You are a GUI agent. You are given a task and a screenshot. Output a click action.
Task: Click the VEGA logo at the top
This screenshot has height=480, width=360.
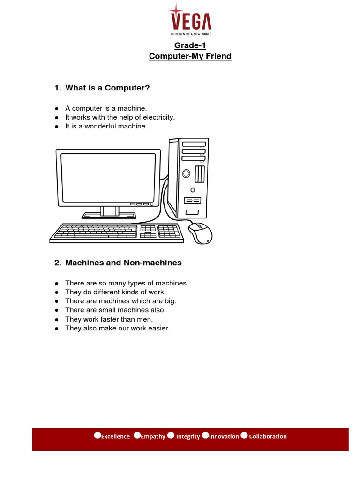pyautogui.click(x=190, y=21)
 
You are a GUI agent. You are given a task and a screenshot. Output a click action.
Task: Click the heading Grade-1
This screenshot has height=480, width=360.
pyautogui.click(x=190, y=45)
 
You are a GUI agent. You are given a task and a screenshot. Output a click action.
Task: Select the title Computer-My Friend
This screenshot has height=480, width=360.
pyautogui.click(x=190, y=56)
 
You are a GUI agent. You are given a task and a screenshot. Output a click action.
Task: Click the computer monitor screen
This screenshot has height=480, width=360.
pyautogui.click(x=108, y=176)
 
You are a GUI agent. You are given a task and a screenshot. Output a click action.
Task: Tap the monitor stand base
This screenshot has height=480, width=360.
pyautogui.click(x=109, y=216)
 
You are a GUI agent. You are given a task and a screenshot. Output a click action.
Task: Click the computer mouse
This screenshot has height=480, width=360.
pyautogui.click(x=200, y=233)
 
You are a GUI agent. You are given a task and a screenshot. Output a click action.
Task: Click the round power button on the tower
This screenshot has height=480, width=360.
pyautogui.click(x=186, y=174)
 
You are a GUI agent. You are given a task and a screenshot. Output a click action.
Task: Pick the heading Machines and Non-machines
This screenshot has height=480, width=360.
pyautogui.click(x=123, y=263)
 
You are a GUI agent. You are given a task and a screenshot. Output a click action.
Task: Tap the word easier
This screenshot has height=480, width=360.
pyautogui.click(x=159, y=328)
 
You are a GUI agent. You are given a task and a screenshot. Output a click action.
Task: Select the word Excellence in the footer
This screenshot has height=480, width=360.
pyautogui.click(x=115, y=436)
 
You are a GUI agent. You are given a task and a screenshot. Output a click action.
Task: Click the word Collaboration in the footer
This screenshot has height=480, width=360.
pyautogui.click(x=268, y=436)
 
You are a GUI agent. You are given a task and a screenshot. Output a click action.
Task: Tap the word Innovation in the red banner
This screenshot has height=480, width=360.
pyautogui.click(x=224, y=436)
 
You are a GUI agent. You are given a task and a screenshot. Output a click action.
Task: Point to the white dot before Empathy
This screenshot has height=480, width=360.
pyautogui.click(x=137, y=435)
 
